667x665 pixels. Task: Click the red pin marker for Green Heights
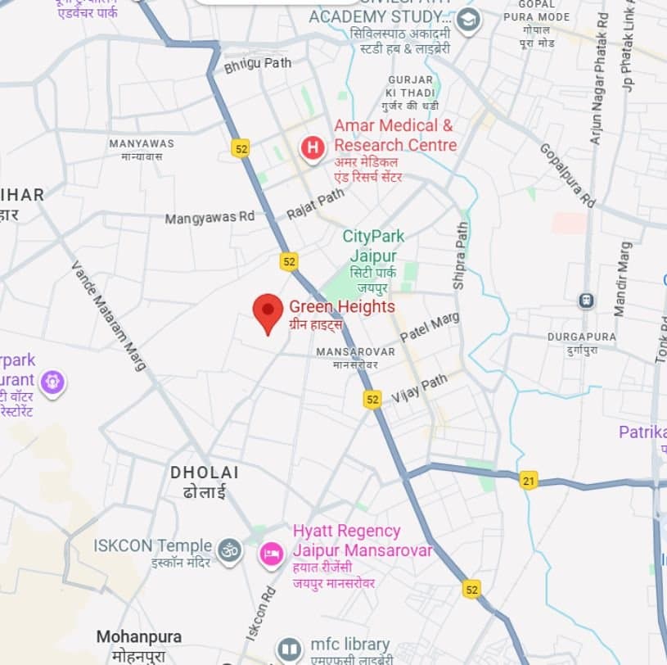click(x=267, y=312)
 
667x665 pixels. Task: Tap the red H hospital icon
click(x=312, y=148)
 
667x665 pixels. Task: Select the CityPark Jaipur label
click(x=373, y=246)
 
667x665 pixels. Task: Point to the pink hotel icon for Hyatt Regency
click(x=270, y=554)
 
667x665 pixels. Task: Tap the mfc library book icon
click(x=289, y=649)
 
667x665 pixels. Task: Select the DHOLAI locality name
click(x=205, y=473)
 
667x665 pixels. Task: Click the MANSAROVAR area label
click(x=355, y=351)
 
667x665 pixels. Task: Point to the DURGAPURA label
click(x=582, y=337)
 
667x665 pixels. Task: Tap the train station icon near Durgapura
click(x=586, y=301)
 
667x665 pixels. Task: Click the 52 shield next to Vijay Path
click(x=372, y=399)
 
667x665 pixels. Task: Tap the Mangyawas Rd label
click(x=210, y=218)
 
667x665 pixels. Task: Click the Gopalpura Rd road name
click(x=567, y=174)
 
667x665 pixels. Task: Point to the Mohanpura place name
click(x=138, y=636)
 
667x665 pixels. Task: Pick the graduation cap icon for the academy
click(x=468, y=20)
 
